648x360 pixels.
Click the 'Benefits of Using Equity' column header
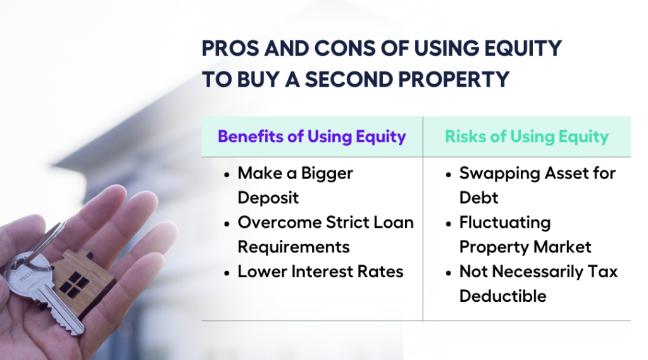click(311, 137)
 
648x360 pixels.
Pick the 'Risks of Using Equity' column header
click(526, 137)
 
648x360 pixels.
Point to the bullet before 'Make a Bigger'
click(227, 173)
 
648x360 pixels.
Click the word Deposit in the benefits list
click(268, 197)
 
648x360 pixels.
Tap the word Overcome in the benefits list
click(278, 222)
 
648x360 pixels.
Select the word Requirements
click(294, 247)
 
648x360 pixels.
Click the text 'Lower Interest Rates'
click(320, 271)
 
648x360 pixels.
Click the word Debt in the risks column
click(478, 197)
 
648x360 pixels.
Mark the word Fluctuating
click(505, 222)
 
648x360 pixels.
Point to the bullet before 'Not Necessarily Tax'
click(448, 272)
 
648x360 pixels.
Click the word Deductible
click(502, 296)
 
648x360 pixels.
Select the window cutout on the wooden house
click(75, 284)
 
